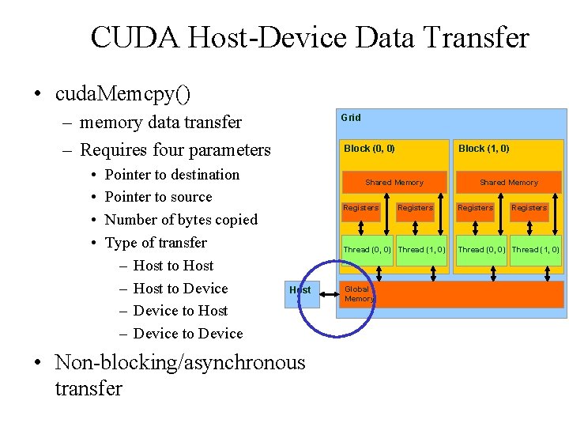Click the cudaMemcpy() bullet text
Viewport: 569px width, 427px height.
122,94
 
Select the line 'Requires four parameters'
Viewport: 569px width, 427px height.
175,149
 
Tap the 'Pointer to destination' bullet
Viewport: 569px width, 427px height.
171,175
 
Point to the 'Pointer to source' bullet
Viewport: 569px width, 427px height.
158,197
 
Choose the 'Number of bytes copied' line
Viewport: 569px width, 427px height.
181,220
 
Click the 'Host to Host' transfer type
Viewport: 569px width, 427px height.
173,266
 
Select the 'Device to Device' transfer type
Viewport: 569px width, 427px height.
188,334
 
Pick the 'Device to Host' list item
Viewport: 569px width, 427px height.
180,312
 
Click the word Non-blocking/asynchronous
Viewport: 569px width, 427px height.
179,363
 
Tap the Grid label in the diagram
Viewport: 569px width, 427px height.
350,118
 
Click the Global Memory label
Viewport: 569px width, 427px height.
358,294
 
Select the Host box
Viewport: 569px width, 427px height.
300,290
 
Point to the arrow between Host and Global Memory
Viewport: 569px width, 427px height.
326,290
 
